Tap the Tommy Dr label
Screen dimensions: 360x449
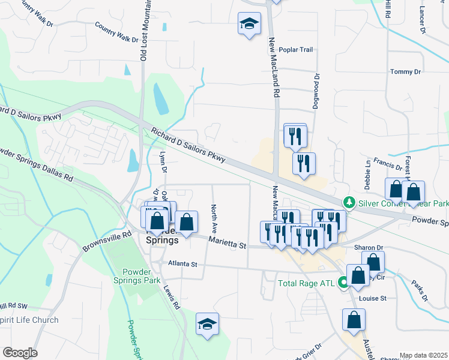[402, 72]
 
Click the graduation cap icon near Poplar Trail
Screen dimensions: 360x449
[249, 25]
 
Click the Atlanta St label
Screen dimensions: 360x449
[182, 263]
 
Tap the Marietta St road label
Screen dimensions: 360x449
[228, 243]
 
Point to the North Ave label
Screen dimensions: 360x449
[214, 219]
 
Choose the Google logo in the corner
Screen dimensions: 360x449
[20, 353]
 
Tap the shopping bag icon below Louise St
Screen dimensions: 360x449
[354, 320]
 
